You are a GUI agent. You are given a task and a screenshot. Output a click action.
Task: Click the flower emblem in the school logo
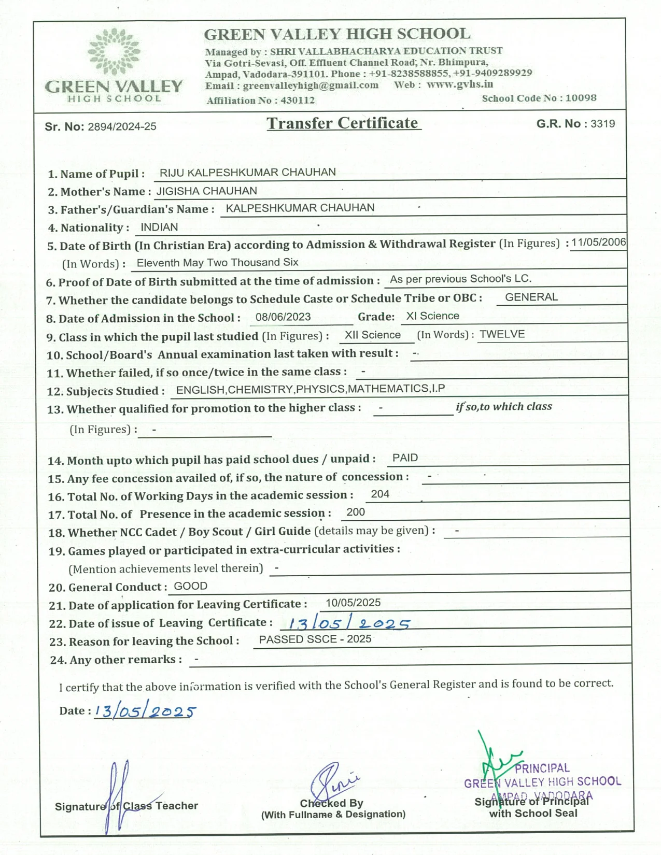click(114, 51)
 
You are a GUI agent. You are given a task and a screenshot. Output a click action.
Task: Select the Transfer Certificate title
click(343, 123)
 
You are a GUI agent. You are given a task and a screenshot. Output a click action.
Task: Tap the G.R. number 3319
click(602, 124)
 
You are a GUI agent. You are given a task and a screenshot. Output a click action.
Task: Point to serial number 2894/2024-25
click(122, 127)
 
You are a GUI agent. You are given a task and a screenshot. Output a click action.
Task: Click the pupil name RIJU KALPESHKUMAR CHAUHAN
click(247, 173)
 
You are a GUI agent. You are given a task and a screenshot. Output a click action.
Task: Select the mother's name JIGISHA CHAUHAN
click(206, 191)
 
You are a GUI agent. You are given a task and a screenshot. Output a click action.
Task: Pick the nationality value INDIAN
click(159, 227)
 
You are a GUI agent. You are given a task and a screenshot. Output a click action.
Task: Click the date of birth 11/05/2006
click(598, 243)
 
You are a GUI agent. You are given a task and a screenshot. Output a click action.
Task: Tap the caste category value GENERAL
click(531, 297)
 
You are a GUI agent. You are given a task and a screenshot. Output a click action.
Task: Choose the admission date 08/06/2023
click(283, 317)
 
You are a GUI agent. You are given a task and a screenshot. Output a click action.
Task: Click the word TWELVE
click(502, 334)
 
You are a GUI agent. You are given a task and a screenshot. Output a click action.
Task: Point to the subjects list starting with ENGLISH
click(310, 389)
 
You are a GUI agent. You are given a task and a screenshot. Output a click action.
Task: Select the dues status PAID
click(405, 458)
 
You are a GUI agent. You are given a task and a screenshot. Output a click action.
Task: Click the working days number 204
click(380, 494)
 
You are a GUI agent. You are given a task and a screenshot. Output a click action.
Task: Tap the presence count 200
click(356, 512)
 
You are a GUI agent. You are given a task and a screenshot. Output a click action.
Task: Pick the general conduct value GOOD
click(190, 586)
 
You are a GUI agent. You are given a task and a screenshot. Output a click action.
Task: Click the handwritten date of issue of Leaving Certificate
click(349, 623)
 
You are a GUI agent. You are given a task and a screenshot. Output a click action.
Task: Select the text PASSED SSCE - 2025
click(315, 639)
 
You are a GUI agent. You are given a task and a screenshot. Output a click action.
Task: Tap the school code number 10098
click(581, 98)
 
